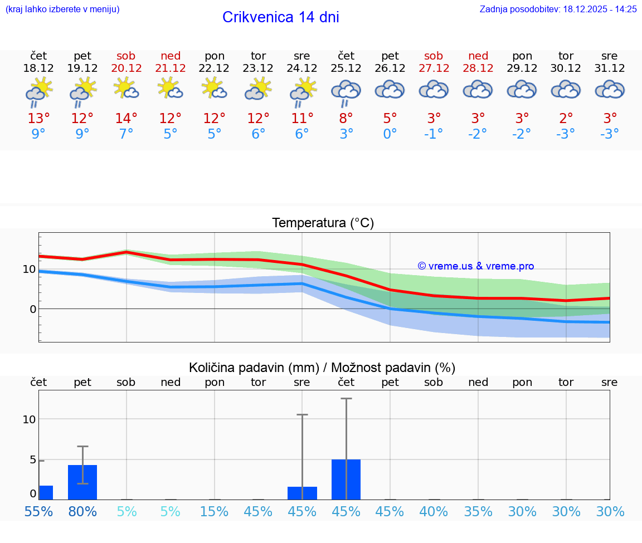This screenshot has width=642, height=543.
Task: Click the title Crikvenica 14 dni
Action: (x=280, y=17)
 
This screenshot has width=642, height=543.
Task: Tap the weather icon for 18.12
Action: (x=38, y=91)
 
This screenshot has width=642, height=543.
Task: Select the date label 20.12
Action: (x=126, y=69)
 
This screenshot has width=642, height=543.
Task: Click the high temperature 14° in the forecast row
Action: (x=126, y=118)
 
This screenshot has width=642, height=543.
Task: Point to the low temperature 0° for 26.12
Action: (x=390, y=134)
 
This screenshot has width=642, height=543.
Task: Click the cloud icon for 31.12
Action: (x=610, y=90)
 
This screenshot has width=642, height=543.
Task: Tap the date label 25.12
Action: (x=346, y=69)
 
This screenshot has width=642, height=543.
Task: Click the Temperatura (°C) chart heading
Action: (x=323, y=223)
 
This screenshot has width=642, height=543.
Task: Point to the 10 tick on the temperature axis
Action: (x=29, y=269)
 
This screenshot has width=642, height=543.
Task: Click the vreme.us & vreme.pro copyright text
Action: (x=475, y=266)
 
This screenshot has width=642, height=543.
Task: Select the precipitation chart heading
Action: (x=322, y=368)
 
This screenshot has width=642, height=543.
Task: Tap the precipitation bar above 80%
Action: (x=82, y=482)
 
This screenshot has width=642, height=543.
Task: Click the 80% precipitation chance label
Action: (x=82, y=511)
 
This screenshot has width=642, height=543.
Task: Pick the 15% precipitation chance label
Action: (x=214, y=511)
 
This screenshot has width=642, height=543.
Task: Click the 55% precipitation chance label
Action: (x=38, y=511)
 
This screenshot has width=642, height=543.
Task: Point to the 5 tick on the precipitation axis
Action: (x=33, y=460)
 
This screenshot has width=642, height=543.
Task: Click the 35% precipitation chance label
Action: (x=478, y=511)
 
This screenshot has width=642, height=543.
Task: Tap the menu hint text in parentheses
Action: (x=62, y=9)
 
